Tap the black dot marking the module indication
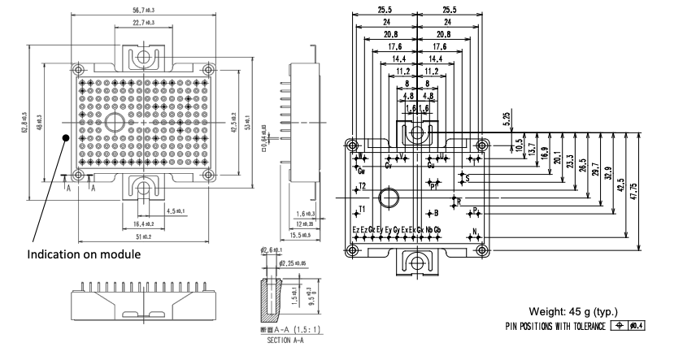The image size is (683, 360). [66, 139]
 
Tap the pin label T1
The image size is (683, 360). [363, 209]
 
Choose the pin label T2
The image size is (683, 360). [363, 186]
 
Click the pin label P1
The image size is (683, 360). [433, 184]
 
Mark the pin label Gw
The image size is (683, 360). [362, 171]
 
